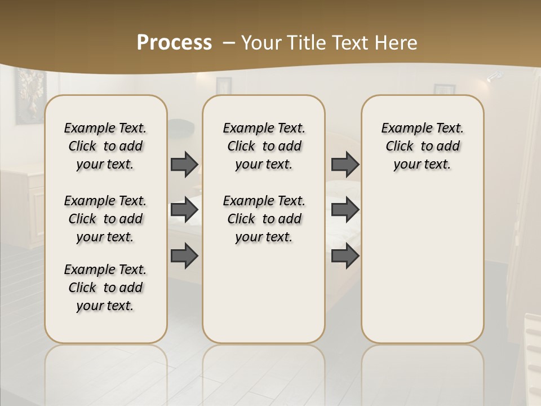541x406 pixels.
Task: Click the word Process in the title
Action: (x=174, y=43)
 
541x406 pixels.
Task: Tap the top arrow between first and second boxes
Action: (x=184, y=164)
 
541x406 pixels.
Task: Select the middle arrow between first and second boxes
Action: (x=184, y=210)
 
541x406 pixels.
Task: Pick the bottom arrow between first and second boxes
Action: (x=184, y=255)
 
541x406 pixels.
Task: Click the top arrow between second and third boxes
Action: (x=345, y=164)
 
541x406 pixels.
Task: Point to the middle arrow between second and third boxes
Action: (x=345, y=210)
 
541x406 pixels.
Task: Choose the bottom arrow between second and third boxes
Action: (x=345, y=255)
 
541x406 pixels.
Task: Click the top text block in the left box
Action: (x=105, y=146)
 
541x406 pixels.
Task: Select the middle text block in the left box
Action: (x=105, y=219)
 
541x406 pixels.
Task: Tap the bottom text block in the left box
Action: (x=105, y=288)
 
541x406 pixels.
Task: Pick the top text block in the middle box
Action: (x=264, y=146)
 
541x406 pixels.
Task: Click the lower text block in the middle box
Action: (x=264, y=219)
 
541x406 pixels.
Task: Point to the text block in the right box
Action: (x=423, y=146)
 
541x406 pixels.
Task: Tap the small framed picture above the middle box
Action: (x=224, y=85)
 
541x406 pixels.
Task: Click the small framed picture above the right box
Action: (x=444, y=89)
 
